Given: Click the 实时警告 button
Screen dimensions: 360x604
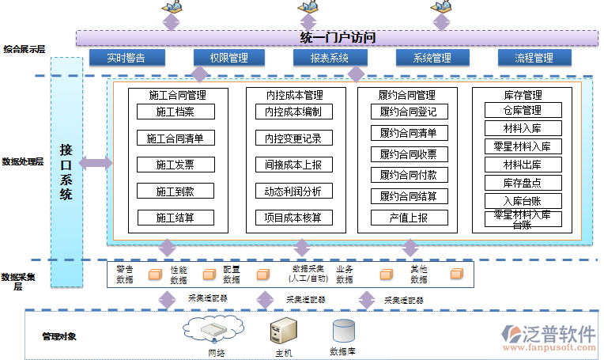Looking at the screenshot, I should coord(127,58).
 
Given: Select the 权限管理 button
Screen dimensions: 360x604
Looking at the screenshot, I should coord(229,58).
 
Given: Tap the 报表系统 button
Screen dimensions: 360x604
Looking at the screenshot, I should coord(329,58).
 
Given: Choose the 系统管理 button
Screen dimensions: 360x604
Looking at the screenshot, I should coord(432,58).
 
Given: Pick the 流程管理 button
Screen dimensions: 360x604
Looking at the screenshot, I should coord(534,58).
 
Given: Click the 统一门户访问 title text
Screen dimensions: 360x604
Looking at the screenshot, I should coord(338,37).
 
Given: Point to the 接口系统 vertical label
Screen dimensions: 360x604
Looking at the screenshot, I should coord(66,171).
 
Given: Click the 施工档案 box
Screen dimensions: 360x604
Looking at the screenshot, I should coord(175,112).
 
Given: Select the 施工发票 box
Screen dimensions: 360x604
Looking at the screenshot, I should coord(175,165).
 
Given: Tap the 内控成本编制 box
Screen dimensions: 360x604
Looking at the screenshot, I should coord(293,112).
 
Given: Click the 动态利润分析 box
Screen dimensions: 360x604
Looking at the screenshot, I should coord(293,191).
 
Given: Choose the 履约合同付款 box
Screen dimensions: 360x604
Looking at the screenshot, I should coord(408,175).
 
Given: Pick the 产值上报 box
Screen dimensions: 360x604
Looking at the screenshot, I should coord(408,217).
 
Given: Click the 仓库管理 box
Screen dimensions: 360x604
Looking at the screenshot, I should coord(523,110).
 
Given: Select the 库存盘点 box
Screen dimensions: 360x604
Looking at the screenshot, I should coord(523,183).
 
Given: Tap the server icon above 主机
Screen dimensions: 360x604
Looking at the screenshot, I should coord(283,331).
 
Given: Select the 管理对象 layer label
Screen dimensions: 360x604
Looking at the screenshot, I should coord(59,336).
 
